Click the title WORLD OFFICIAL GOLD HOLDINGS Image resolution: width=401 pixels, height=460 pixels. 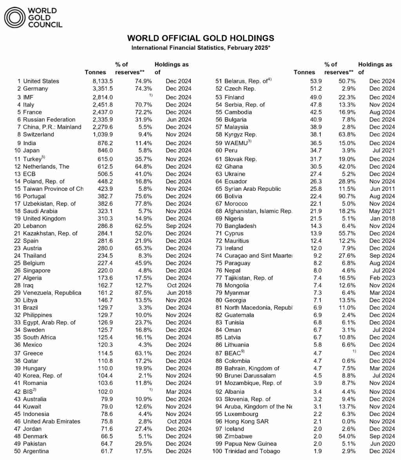200,38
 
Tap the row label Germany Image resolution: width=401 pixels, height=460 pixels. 36,89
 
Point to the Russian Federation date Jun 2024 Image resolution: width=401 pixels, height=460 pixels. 178,119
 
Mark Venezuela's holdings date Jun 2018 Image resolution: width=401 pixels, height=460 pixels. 178,293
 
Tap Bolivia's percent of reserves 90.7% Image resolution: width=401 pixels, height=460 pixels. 347,196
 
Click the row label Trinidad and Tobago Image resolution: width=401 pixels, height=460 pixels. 252,451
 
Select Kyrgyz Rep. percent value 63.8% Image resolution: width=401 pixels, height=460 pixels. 347,135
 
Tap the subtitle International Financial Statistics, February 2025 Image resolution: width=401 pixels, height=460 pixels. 200,48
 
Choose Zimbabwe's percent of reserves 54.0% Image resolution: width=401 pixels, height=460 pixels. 347,436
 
